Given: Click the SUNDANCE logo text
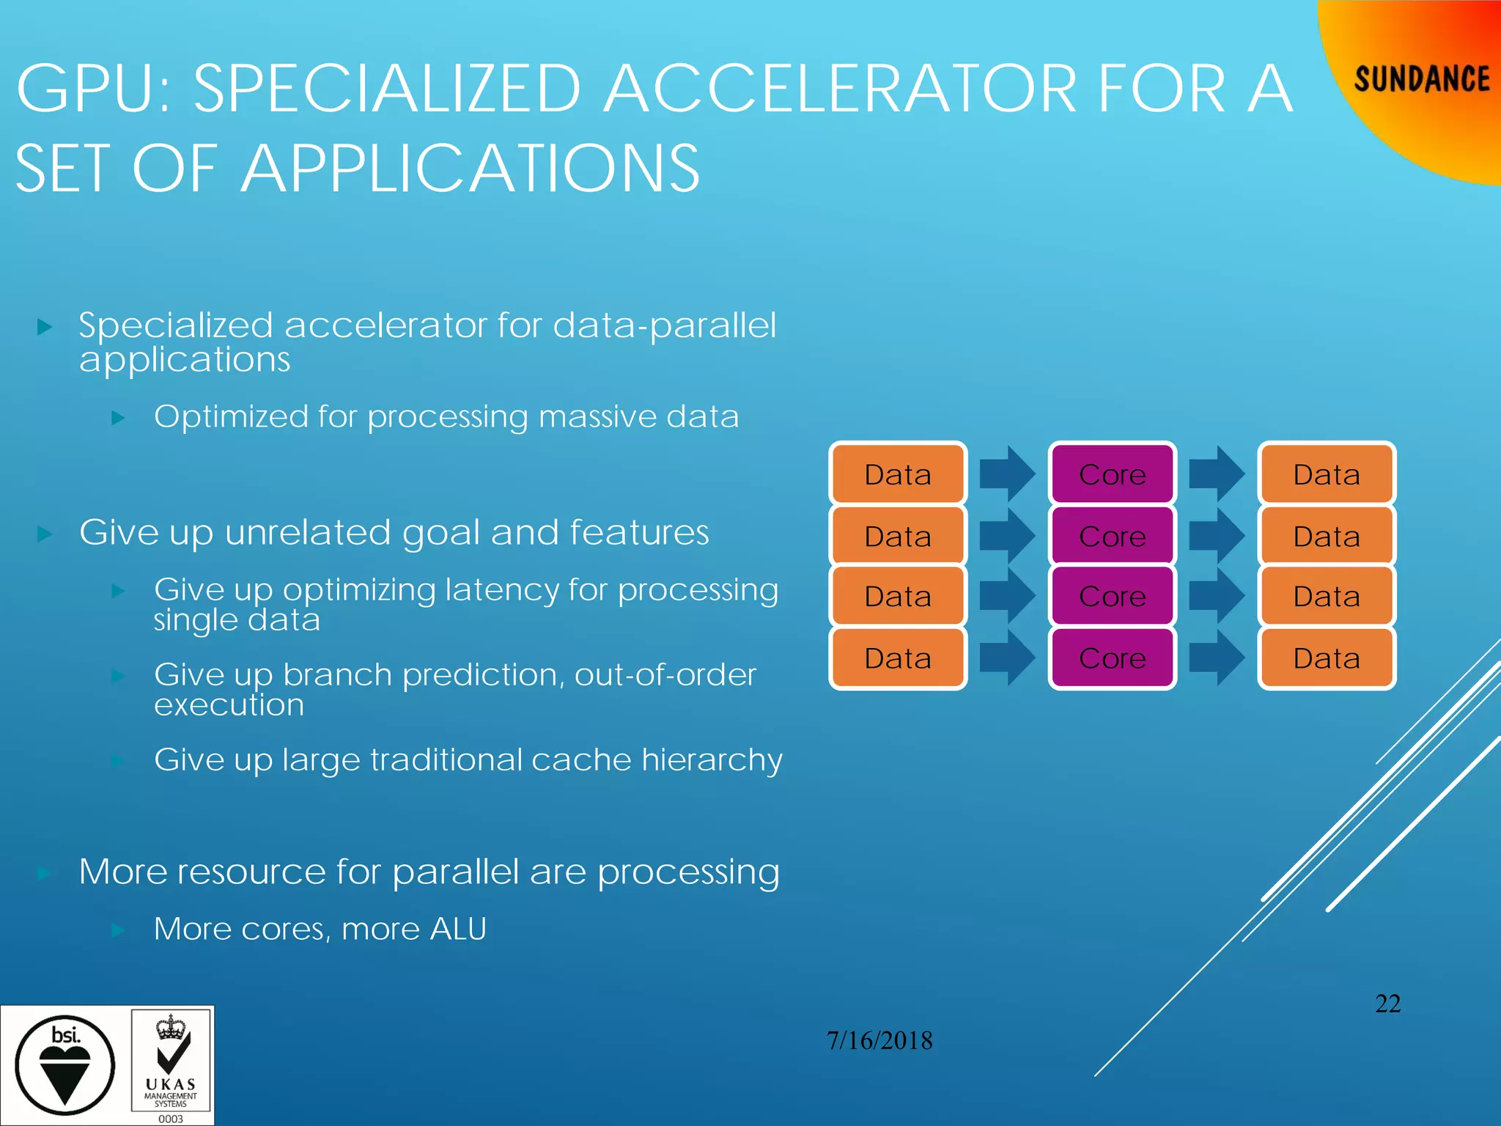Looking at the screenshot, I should pos(1421,79).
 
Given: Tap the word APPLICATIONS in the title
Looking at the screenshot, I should pos(470,169).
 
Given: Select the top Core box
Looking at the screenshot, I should pos(1112,474).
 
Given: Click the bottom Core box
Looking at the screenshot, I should pos(1112,658).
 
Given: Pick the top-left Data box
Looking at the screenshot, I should pos(897,474).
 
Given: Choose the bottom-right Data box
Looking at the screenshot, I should pos(1326,658).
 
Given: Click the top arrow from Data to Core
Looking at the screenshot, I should pos(1007,474).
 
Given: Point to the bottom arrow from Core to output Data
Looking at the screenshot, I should pos(1216,658).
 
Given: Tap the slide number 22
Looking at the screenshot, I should pos(1387,1004).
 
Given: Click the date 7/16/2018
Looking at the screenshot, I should pos(879,1040).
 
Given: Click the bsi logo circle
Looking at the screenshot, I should pos(65,1065).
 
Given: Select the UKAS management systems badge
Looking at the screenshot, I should pos(171,1065).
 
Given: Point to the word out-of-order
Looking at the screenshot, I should pos(665,674).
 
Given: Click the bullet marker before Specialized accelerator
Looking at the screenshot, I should pos(45,327).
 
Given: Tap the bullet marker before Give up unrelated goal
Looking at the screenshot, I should pos(45,534).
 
